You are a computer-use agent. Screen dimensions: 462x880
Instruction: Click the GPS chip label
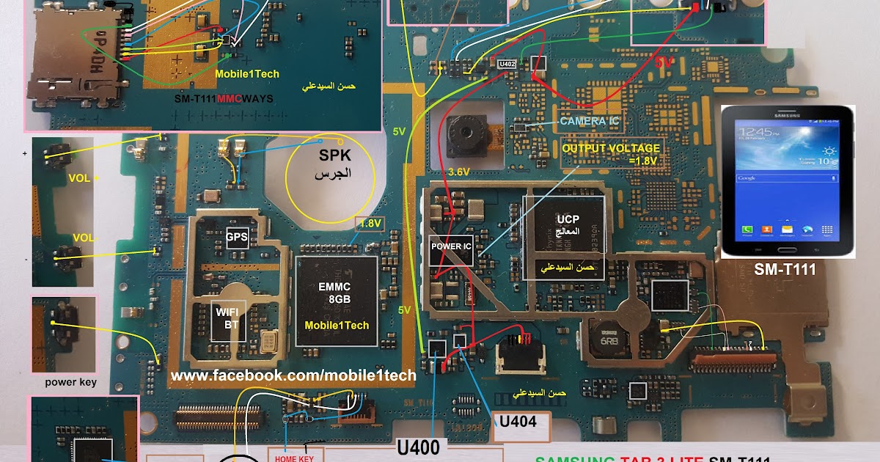(x=236, y=236)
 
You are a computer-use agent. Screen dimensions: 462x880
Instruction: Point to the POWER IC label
(x=450, y=246)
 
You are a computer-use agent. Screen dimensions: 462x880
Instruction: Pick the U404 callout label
(x=519, y=422)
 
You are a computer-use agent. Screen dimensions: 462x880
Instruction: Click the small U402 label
(x=507, y=65)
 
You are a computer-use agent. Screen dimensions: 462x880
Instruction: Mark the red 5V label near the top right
(x=664, y=64)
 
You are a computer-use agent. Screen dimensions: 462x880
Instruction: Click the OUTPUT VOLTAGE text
(x=601, y=148)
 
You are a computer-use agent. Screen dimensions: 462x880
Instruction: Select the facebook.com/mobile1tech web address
(x=293, y=375)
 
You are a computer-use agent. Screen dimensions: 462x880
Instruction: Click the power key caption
(x=70, y=382)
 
